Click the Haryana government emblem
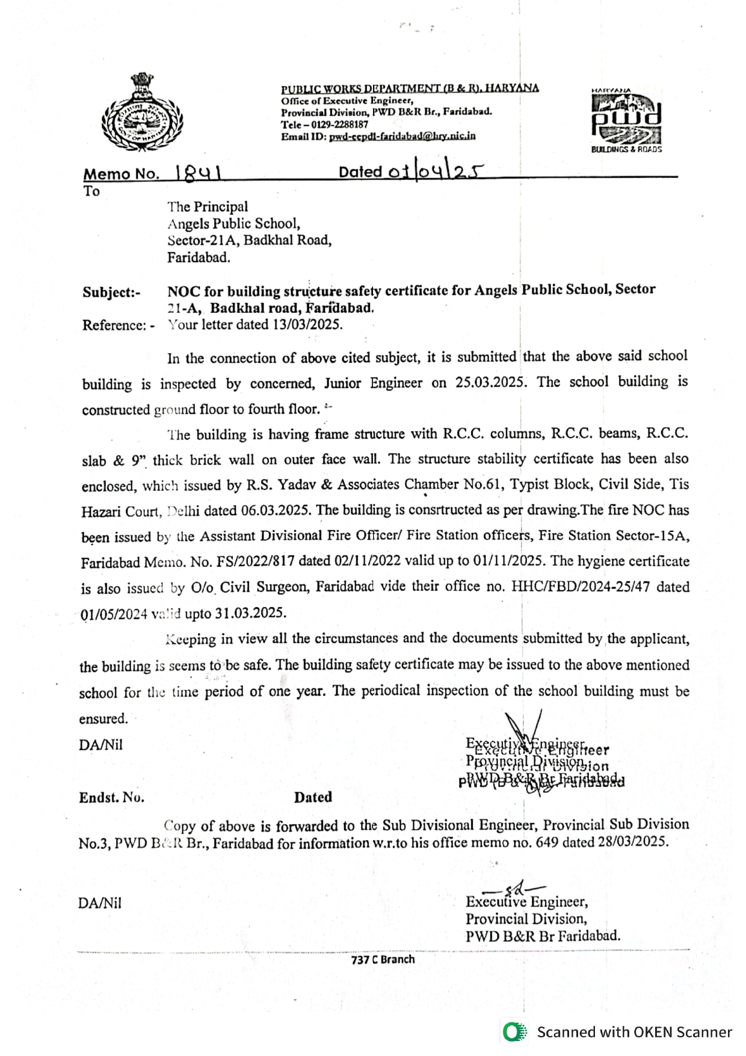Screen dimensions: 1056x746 (142, 112)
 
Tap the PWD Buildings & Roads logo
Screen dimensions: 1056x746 (626, 120)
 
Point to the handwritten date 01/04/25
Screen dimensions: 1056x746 (434, 172)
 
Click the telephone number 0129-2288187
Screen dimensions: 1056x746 (339, 125)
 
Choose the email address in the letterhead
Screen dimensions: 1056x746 (402, 137)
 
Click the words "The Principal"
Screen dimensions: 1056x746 (208, 206)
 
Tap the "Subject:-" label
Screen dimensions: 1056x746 (111, 292)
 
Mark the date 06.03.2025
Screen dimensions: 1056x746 (276, 510)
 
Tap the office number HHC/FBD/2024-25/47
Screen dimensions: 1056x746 (581, 587)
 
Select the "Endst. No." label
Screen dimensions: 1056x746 (112, 798)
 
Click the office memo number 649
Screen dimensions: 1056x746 (547, 842)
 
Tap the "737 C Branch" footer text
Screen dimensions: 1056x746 (383, 959)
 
